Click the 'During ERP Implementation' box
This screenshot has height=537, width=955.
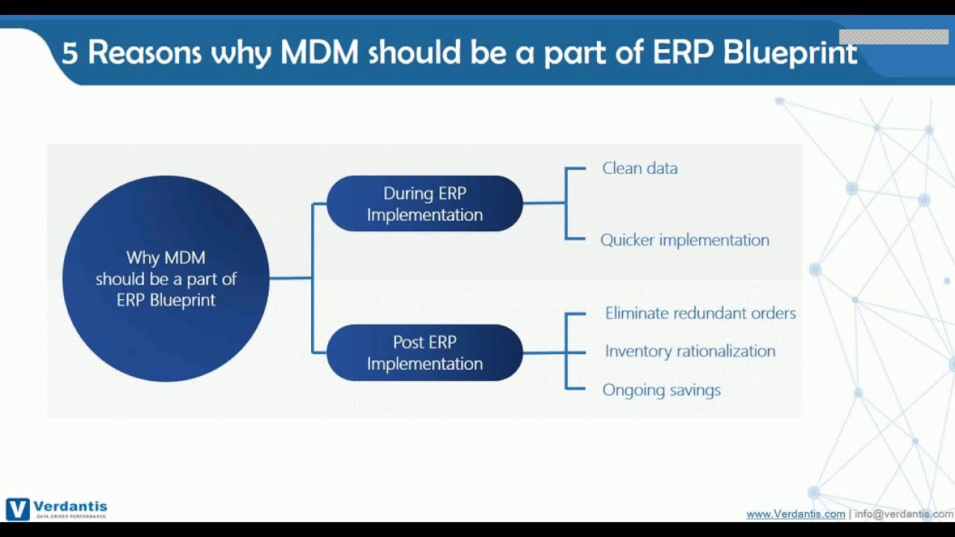point(425,204)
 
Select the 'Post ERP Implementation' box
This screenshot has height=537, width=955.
point(425,353)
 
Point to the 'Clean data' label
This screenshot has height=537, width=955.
point(639,169)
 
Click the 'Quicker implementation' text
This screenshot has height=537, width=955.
point(684,240)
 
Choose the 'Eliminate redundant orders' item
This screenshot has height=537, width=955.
point(700,313)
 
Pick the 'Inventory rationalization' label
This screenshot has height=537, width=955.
point(689,351)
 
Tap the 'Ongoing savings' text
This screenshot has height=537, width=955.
point(661,390)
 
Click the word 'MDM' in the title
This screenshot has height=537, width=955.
point(319,53)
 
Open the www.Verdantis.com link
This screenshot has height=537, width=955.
point(795,514)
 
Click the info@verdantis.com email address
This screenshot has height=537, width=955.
point(904,514)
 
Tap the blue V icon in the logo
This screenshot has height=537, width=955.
point(18,509)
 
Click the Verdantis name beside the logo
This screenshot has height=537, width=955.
point(70,506)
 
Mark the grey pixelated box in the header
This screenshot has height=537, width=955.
point(893,37)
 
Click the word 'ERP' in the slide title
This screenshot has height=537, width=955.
point(683,53)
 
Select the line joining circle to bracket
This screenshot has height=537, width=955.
point(290,278)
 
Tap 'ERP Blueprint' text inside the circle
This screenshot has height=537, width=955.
point(166,300)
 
